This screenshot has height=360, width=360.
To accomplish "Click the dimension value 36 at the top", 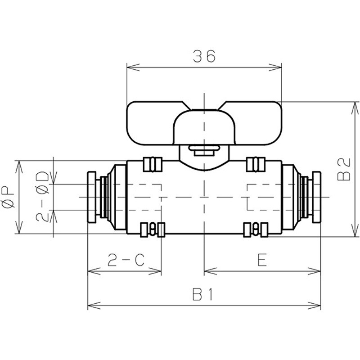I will (x=204, y=56).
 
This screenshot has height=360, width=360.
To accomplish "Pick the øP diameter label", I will (x=9, y=197).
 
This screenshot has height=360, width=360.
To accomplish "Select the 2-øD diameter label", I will (x=43, y=197).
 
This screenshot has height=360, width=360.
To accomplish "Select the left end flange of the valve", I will (x=92, y=197).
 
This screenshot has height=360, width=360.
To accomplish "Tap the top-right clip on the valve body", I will (x=256, y=163).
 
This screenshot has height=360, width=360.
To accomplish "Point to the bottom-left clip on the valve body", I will (x=152, y=230).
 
